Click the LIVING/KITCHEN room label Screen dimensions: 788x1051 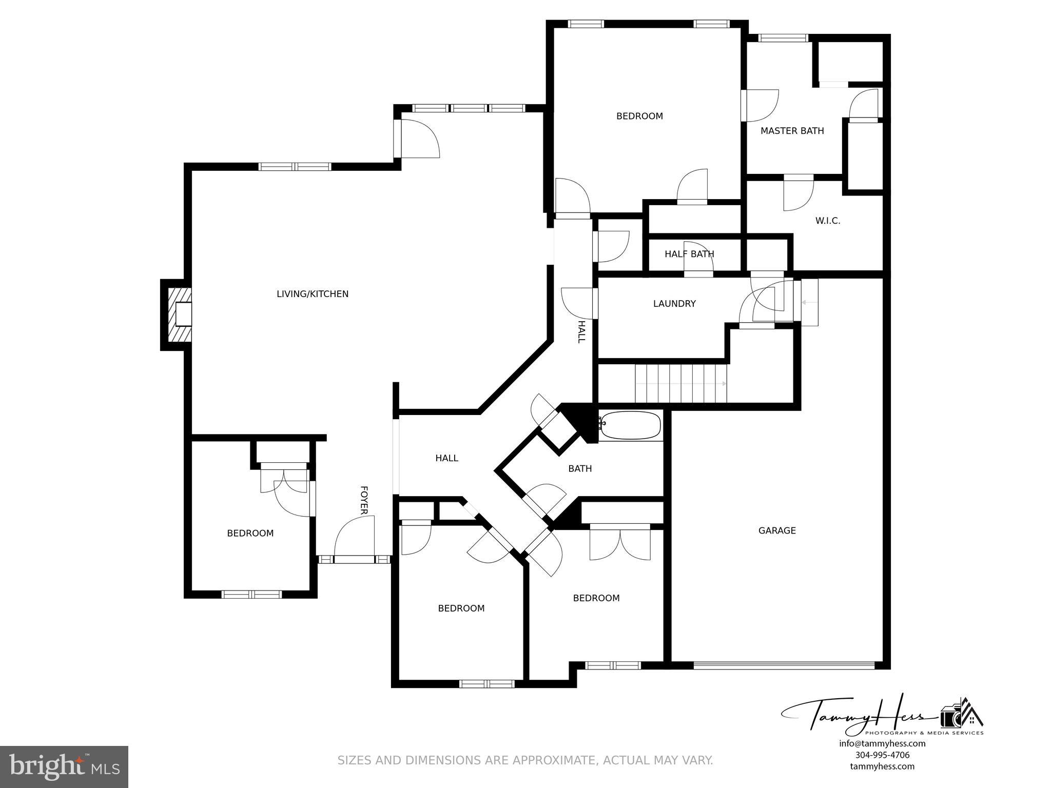pos(312,294)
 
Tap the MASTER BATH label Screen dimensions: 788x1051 pos(792,131)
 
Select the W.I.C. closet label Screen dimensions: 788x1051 pos(827,221)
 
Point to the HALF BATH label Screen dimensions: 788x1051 pos(689,254)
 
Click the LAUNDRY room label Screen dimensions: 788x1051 pos(674,304)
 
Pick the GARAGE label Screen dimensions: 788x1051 pos(776,530)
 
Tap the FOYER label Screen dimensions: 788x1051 pos(364,500)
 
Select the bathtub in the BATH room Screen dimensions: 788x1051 pos(630,425)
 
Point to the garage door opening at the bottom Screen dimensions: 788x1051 pos(783,665)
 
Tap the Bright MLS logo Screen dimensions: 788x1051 pos(64,766)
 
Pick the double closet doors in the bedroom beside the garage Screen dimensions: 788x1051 pos(620,544)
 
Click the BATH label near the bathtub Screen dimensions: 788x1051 pos(580,468)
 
